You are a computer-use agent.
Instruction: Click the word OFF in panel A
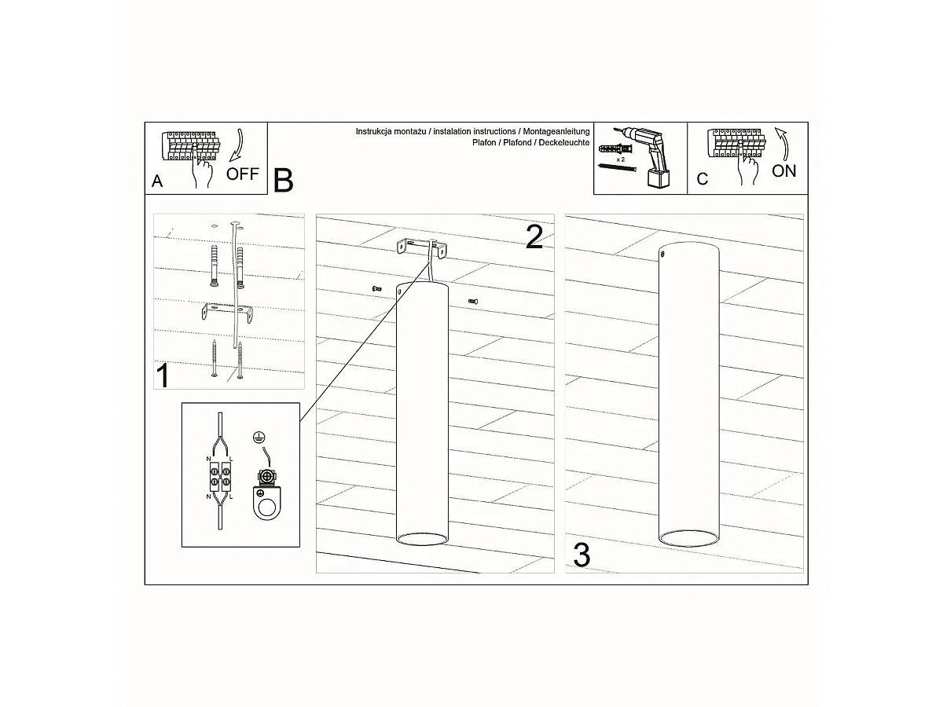coord(242,174)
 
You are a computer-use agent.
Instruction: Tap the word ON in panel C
coord(783,170)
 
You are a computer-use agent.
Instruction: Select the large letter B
coord(283,181)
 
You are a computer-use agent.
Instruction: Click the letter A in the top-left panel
coord(157,181)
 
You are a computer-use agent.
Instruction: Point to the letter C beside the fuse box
coord(702,179)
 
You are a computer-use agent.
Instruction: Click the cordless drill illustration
coord(648,156)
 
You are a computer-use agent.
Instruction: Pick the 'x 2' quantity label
coord(620,159)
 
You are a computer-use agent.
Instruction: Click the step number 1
coord(163,376)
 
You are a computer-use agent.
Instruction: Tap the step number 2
coord(534,236)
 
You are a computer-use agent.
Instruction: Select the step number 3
coord(582,555)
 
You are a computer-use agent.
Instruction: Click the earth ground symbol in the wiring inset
coord(259,438)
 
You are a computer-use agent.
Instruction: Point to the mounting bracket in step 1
coord(228,312)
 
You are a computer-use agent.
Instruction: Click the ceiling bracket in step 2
coord(421,248)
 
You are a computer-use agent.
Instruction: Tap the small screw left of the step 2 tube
coord(376,289)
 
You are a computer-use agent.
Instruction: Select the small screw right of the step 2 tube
coord(473,302)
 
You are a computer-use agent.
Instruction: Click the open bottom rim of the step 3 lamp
coord(688,538)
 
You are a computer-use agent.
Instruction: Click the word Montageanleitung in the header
coord(556,131)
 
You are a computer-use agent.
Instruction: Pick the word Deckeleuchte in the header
coord(564,142)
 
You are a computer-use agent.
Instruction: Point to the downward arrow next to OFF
coord(237,145)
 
